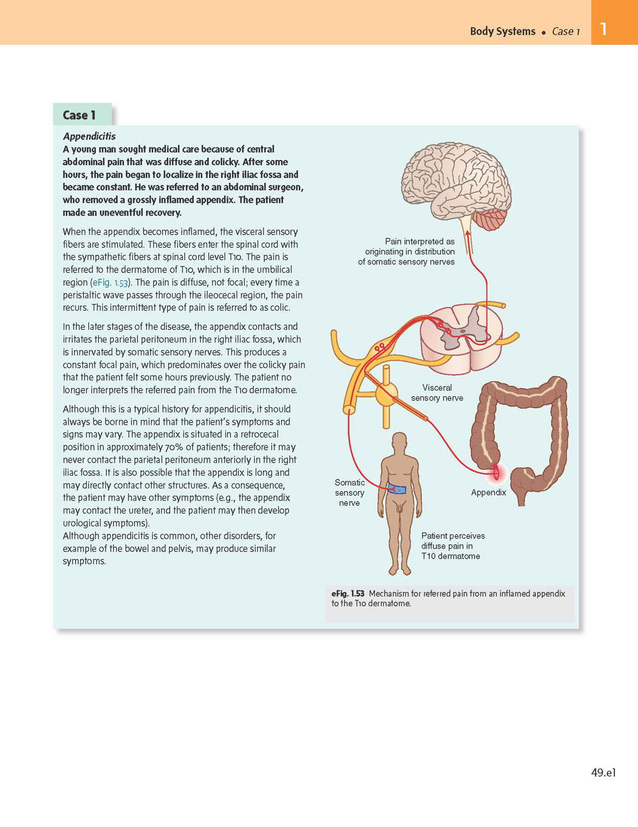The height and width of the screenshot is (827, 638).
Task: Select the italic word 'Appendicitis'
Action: tap(89, 136)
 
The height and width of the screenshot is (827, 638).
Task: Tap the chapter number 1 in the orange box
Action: tap(603, 29)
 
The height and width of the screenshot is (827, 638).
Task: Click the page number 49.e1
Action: tap(603, 772)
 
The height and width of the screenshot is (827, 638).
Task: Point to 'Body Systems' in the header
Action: tap(502, 32)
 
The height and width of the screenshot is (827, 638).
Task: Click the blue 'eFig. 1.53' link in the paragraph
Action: tap(110, 282)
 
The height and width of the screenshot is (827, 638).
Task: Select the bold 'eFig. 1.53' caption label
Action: tap(348, 593)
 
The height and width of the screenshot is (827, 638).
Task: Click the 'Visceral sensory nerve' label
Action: tap(437, 393)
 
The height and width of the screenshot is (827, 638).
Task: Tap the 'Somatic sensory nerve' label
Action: tap(349, 493)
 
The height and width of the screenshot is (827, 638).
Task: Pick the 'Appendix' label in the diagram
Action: tap(488, 492)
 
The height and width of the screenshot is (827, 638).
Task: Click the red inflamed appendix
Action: tap(496, 472)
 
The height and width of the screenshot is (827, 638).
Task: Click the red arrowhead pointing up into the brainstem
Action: tap(467, 233)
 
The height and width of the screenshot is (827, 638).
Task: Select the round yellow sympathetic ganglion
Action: tap(387, 394)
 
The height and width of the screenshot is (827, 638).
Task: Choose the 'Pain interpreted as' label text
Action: tap(420, 241)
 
